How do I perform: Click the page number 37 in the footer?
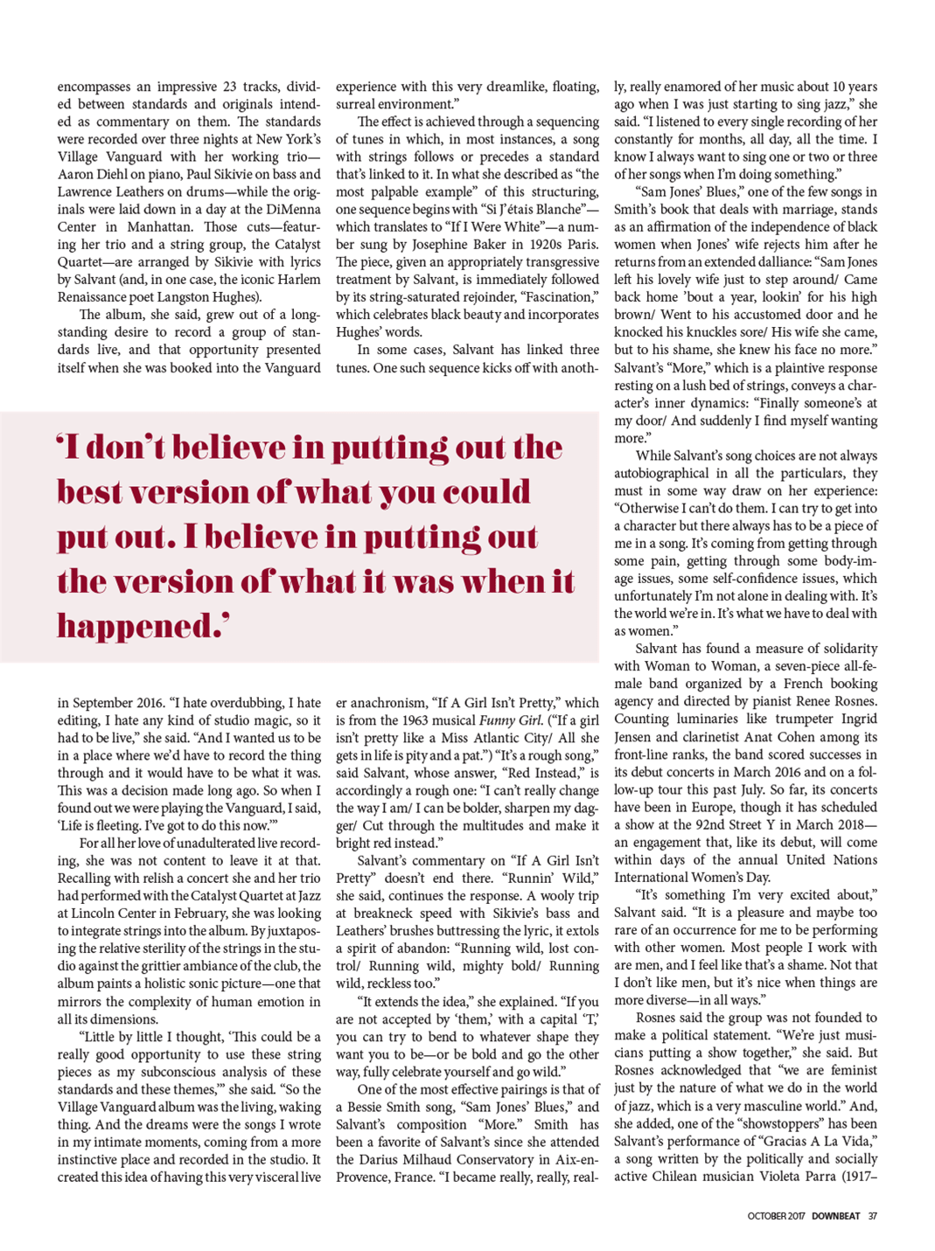click(x=872, y=1216)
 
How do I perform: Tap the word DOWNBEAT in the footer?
click(x=835, y=1216)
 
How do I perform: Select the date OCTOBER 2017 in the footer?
click(x=776, y=1216)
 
